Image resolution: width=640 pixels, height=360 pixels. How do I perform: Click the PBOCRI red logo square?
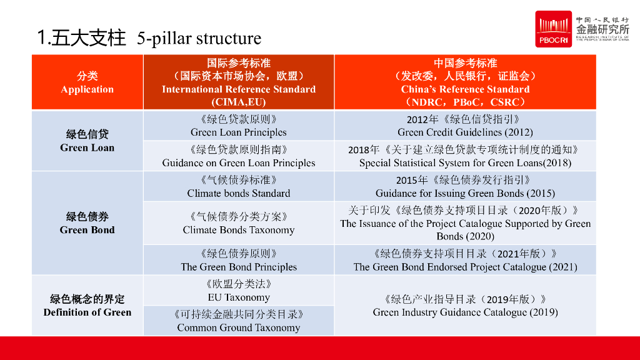pos(553,29)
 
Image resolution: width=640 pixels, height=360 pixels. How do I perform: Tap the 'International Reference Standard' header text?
pos(239,89)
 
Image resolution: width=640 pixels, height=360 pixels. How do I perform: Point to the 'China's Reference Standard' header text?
pos(465,89)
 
